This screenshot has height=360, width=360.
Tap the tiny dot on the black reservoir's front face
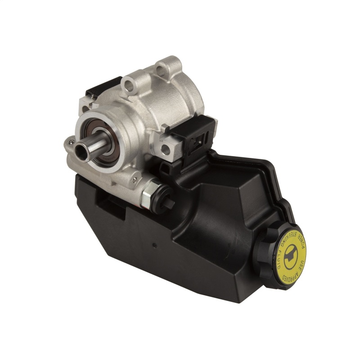pyautogui.click(x=154, y=246)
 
